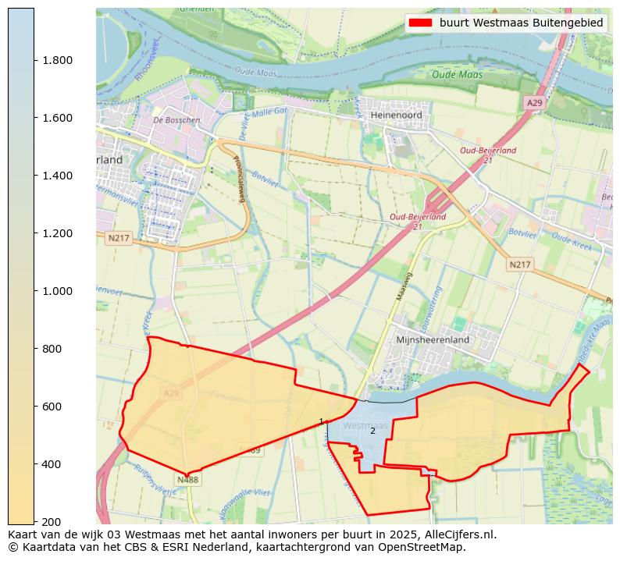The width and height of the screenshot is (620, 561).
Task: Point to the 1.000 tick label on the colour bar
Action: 57,291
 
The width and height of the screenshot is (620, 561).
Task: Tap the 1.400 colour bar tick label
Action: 57,176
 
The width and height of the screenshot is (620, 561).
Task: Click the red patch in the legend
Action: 420,23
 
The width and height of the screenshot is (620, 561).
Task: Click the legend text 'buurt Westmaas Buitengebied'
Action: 521,23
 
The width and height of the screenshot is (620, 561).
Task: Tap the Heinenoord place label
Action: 396,115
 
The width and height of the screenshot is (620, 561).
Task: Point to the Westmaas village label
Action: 365,426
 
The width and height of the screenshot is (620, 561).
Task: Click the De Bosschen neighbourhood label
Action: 176,120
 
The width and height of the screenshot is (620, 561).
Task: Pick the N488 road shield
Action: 187,480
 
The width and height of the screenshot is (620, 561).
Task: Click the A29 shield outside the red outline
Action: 534,103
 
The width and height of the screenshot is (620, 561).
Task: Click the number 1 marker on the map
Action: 321,421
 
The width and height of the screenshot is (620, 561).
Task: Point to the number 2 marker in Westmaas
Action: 372,431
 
